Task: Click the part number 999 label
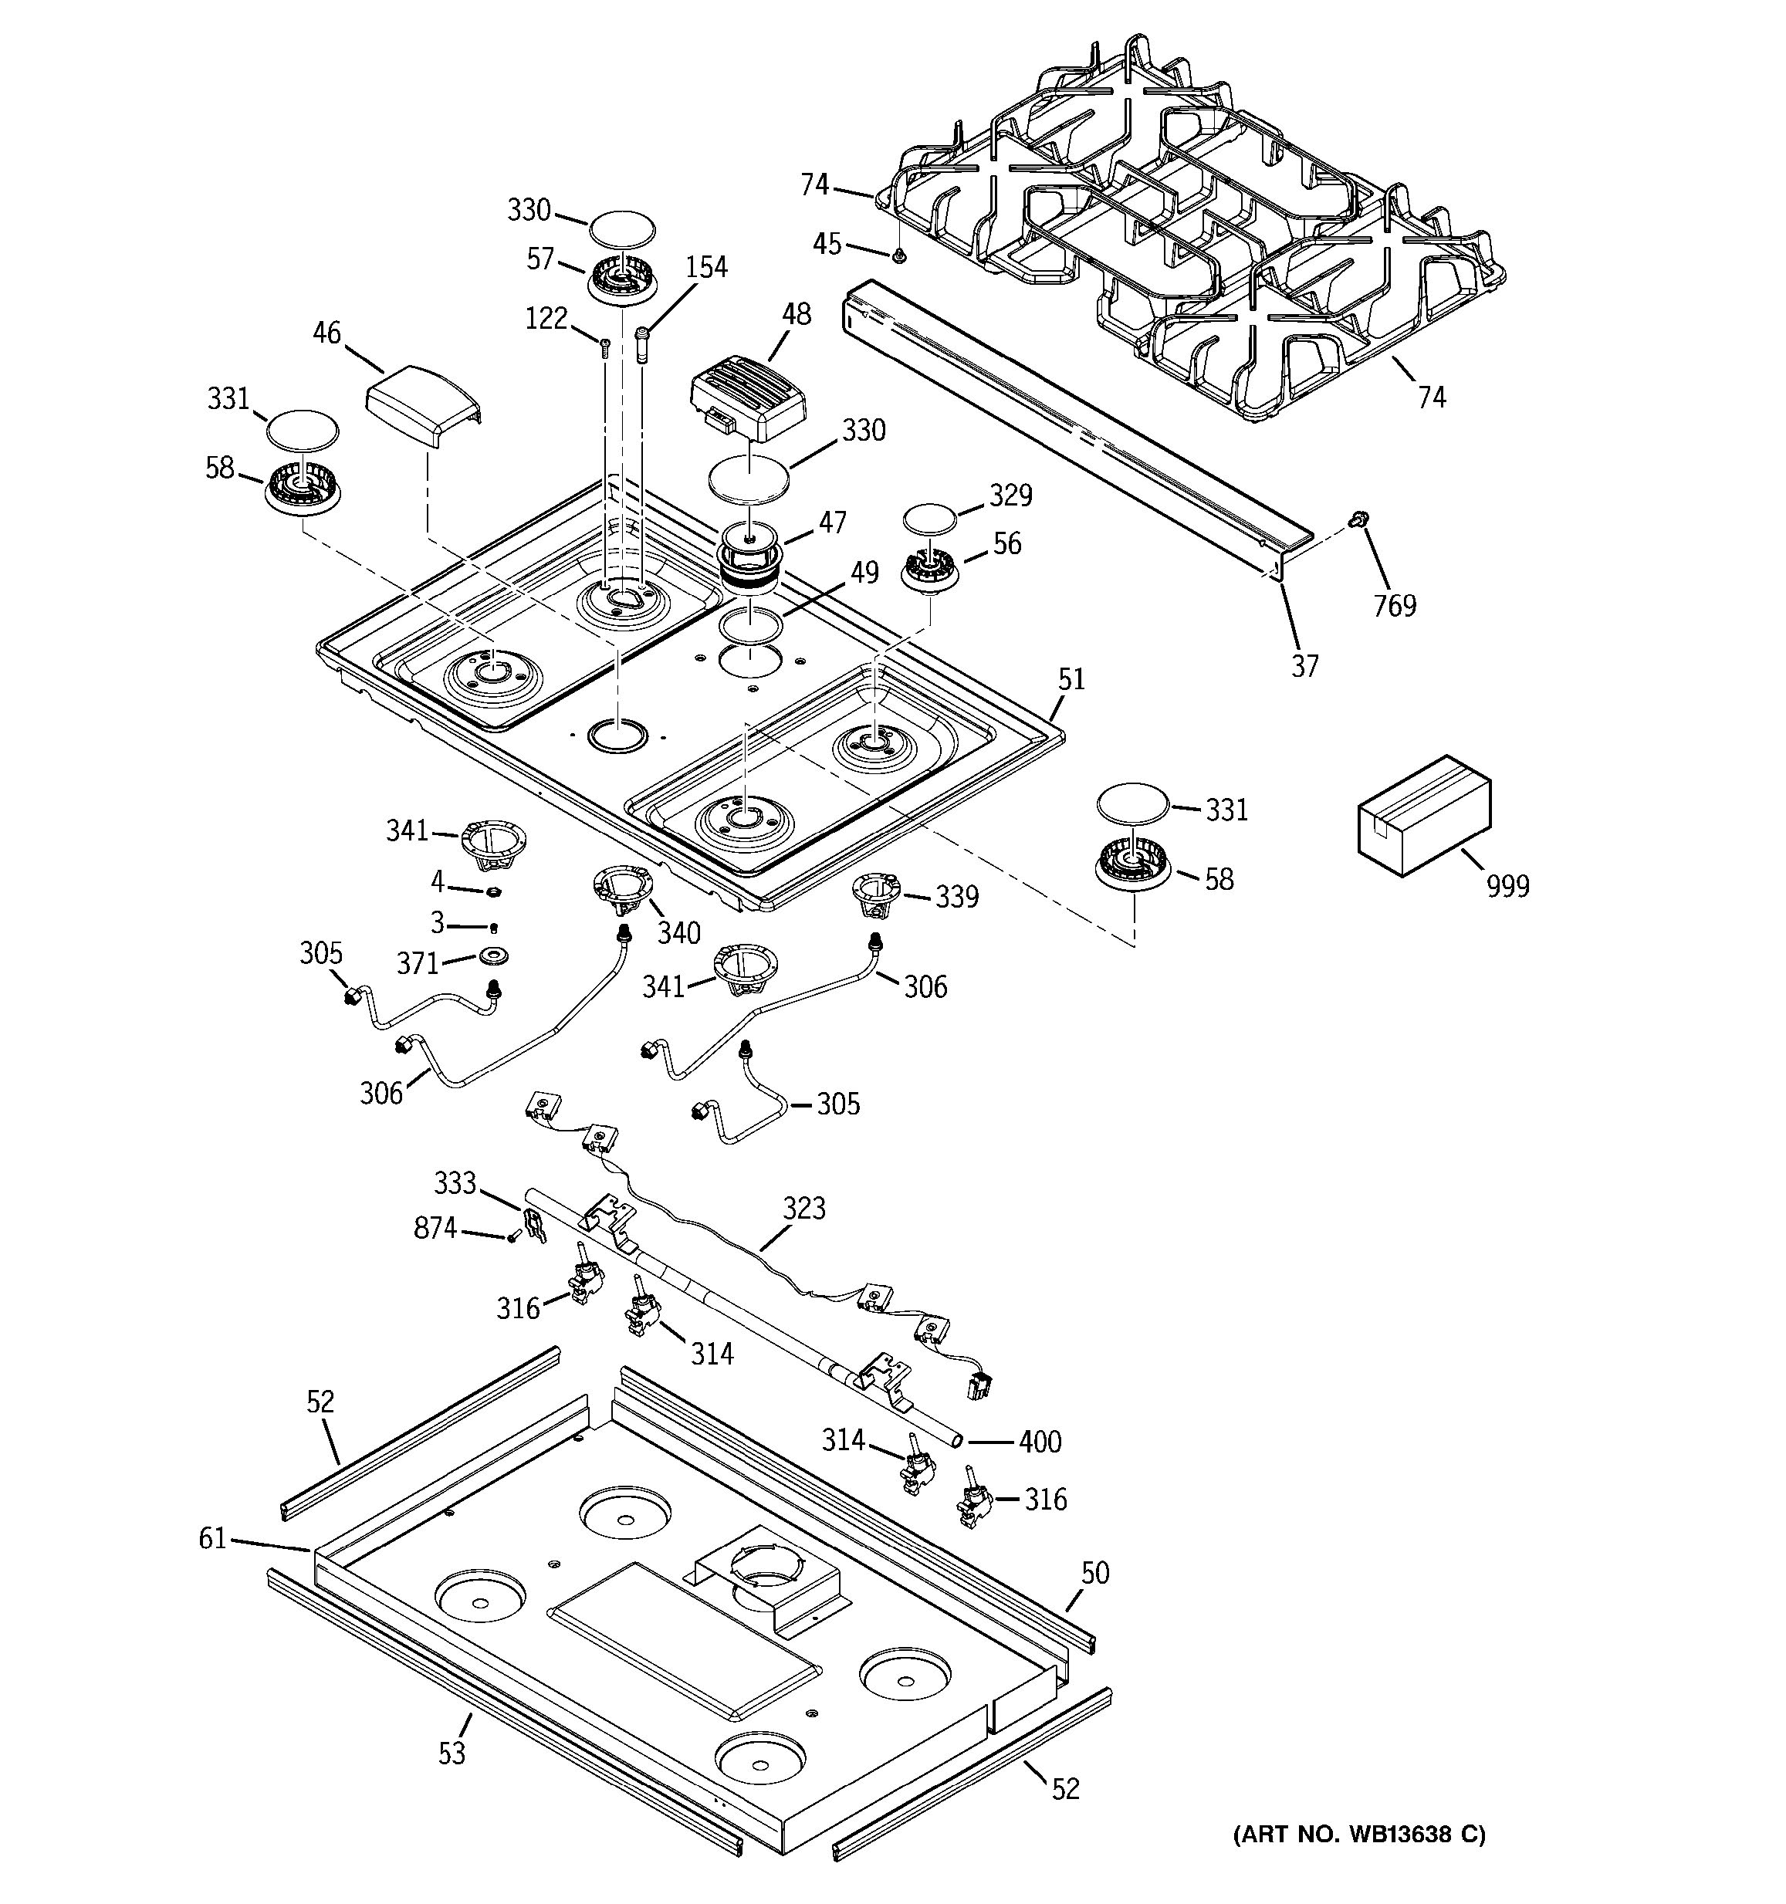tap(1507, 886)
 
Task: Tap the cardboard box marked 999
tap(1423, 813)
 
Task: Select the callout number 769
tap(1395, 605)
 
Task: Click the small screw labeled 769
tap(1357, 519)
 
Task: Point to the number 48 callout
tap(796, 314)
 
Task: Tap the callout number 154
tap(705, 267)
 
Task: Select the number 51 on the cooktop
tap(1071, 679)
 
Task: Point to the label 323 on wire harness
tap(803, 1209)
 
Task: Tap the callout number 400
tap(1039, 1442)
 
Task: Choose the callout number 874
tap(435, 1228)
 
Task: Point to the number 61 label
tap(211, 1539)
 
